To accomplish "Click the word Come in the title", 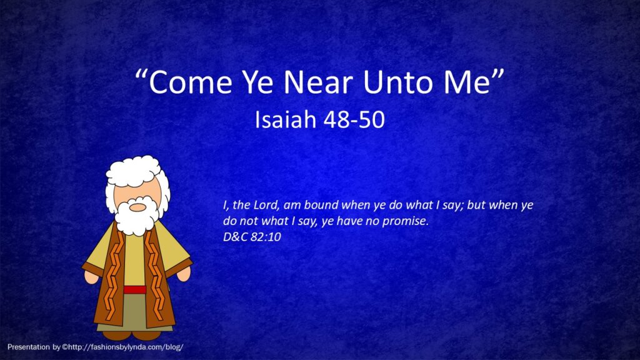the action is (190, 82).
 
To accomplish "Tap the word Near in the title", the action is (318, 82).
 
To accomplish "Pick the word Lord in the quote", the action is (266, 204).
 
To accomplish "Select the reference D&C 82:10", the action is (252, 237).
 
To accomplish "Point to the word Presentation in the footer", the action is (29, 347).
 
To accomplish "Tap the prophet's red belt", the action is (135, 290).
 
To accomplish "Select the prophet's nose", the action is (137, 207).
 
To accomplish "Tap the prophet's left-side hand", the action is (91, 277).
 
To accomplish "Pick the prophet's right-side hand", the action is (183, 274).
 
